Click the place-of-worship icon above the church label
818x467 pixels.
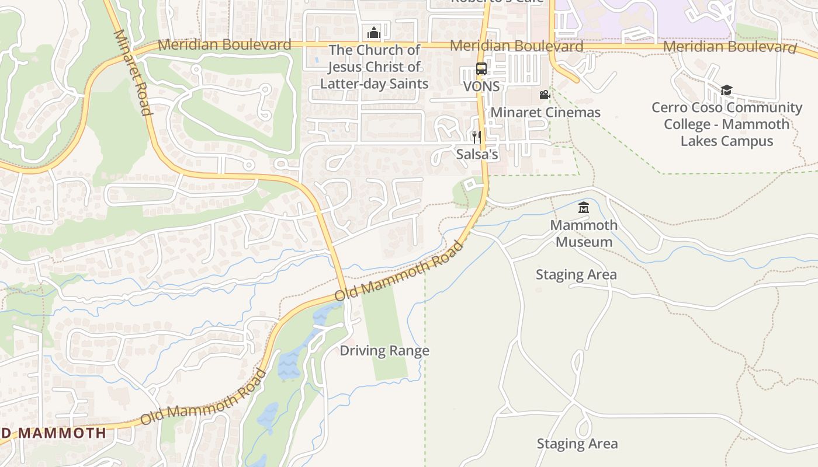tap(374, 32)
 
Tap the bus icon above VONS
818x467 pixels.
tap(481, 69)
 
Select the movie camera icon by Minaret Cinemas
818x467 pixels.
tap(545, 95)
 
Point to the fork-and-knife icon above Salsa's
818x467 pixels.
tap(477, 137)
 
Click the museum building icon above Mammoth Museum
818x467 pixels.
tap(583, 208)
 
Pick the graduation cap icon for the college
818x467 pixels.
tap(726, 90)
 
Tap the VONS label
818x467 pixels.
tap(481, 86)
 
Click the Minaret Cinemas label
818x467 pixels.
tap(545, 112)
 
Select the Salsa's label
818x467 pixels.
tap(477, 155)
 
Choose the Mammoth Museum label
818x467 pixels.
tap(584, 233)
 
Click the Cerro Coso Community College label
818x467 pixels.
tap(727, 124)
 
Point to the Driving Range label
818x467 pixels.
tap(384, 351)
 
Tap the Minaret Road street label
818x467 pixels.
tap(133, 72)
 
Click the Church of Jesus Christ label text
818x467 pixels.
tap(374, 67)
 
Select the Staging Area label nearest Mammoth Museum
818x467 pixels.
tap(576, 274)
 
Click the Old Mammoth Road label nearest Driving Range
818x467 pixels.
tap(399, 271)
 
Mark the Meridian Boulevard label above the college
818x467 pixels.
tap(729, 47)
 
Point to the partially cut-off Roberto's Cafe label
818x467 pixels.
tap(497, 2)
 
